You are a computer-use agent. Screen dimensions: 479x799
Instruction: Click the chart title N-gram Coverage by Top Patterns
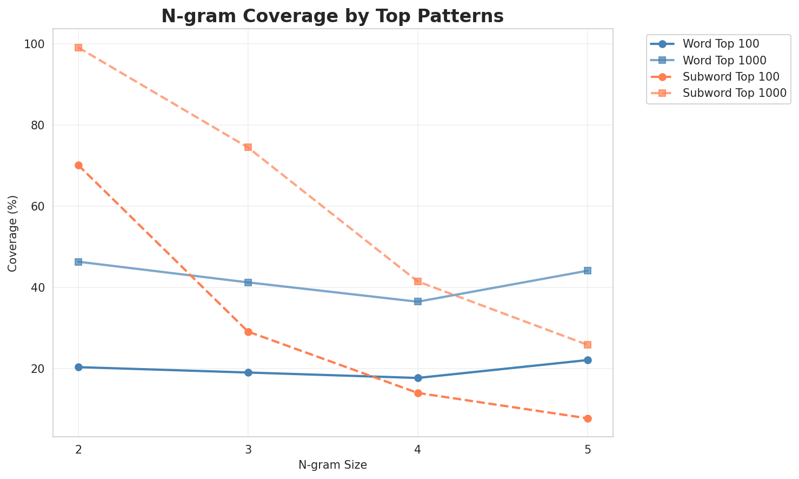point(332,16)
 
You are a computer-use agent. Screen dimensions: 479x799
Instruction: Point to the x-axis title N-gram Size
point(332,465)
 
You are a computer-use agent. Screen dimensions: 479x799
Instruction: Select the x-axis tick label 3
point(248,449)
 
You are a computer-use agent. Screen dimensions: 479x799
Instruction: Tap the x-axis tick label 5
point(588,449)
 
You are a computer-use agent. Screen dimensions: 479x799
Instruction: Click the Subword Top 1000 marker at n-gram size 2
point(78,48)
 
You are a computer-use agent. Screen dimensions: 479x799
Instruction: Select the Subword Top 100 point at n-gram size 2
point(78,165)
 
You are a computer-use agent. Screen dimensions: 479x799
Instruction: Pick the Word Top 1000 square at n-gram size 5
point(588,271)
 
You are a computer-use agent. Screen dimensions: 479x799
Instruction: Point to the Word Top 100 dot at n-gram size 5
point(588,360)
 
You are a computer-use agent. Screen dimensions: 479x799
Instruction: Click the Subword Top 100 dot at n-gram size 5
point(588,418)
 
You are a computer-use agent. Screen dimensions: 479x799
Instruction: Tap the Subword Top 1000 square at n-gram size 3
point(248,147)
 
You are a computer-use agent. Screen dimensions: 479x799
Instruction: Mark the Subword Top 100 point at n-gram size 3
point(248,332)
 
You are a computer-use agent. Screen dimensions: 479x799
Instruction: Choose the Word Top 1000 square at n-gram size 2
point(78,262)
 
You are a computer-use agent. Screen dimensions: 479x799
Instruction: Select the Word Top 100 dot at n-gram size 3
point(248,372)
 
